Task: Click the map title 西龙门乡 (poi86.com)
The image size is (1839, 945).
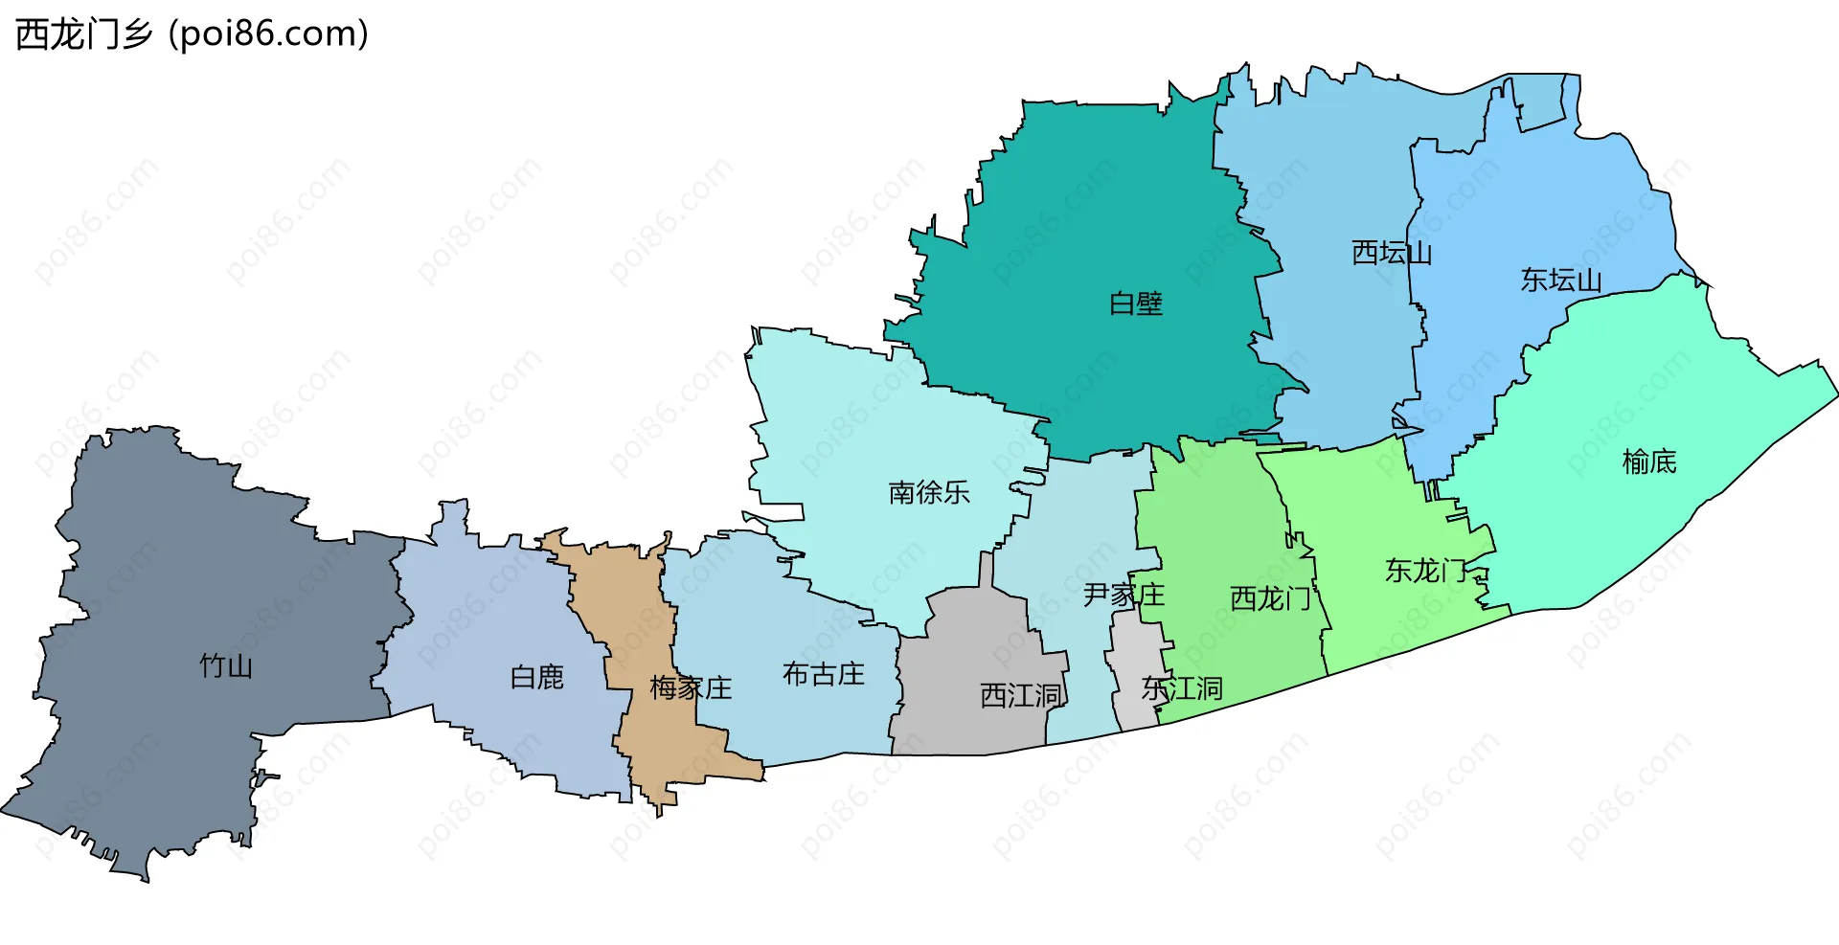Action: click(x=192, y=34)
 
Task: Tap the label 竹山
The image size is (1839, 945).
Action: click(x=226, y=665)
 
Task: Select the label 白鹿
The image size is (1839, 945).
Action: click(x=537, y=677)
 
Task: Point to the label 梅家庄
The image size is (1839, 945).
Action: click(x=691, y=687)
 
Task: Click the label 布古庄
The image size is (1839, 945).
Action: click(x=824, y=674)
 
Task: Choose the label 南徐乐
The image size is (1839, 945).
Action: click(x=929, y=492)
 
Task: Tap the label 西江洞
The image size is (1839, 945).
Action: click(x=1021, y=695)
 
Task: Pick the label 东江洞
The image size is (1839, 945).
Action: click(x=1182, y=688)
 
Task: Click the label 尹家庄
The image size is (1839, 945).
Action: click(x=1124, y=595)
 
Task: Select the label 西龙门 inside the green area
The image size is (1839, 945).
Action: click(x=1270, y=598)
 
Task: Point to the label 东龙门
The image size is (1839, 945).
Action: click(x=1426, y=571)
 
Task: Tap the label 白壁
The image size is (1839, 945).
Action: click(x=1136, y=304)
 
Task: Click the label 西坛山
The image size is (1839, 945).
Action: click(x=1392, y=253)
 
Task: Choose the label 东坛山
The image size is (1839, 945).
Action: click(x=1561, y=280)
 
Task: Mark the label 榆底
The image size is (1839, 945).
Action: click(x=1649, y=461)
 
